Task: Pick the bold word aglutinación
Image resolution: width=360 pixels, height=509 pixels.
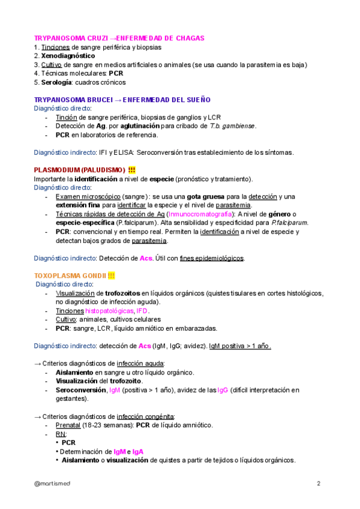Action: [x=136, y=126]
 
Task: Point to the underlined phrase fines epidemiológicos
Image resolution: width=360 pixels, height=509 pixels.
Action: [x=212, y=258]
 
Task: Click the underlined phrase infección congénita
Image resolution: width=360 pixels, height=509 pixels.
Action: [x=148, y=416]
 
